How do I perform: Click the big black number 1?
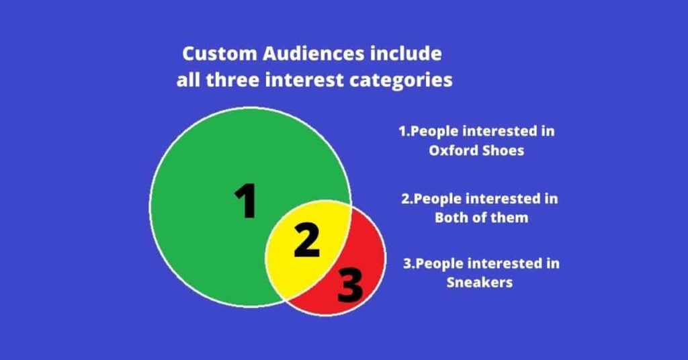246,200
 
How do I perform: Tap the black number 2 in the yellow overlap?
306,240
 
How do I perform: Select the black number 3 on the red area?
350,285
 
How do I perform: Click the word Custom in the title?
220,54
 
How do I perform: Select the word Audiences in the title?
313,54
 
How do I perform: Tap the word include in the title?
405,54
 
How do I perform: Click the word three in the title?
232,80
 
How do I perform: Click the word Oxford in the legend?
454,150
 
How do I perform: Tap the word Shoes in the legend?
503,150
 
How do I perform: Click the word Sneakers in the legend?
480,282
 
